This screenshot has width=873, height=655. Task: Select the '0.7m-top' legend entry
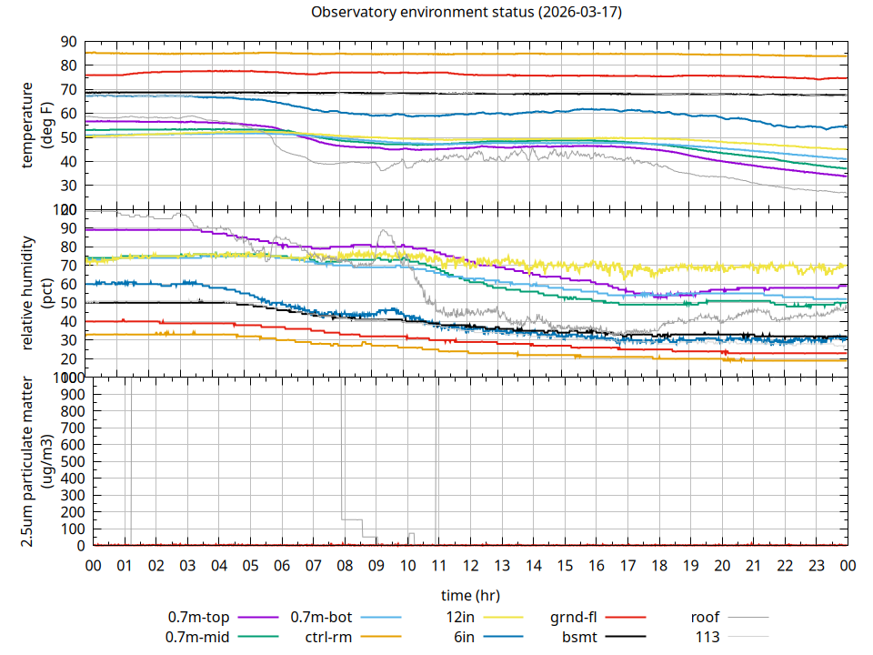[198, 618]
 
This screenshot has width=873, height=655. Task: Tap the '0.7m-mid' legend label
[197, 637]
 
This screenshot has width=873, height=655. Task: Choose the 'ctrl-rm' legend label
[328, 637]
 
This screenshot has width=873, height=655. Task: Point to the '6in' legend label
[464, 637]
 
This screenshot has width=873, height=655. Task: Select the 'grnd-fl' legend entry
[574, 618]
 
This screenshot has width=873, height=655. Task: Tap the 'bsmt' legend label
[578, 637]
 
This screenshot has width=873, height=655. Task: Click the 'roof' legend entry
[705, 618]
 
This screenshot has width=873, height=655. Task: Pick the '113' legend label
[708, 637]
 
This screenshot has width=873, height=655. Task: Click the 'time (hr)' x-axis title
[470, 596]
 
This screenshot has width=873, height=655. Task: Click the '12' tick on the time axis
[470, 566]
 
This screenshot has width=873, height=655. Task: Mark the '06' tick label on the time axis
[282, 566]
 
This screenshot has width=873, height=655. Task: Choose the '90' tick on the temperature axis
[67, 42]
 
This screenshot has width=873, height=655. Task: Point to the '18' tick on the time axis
[659, 566]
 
